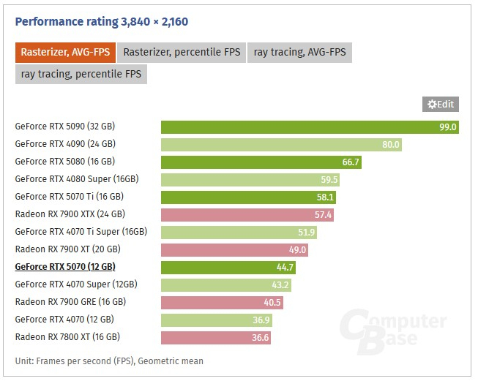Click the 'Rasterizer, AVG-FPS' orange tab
pos(64,52)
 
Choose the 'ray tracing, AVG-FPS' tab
pos(299,52)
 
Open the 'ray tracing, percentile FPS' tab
pos(81,74)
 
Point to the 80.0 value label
pos(391,145)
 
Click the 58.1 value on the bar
pos(325,197)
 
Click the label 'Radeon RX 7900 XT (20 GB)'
pos(70,249)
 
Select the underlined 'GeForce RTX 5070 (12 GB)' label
pos(65,267)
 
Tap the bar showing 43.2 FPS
pos(227,284)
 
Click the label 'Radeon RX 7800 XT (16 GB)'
pos(67,336)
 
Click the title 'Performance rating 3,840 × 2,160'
pos(102,21)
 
